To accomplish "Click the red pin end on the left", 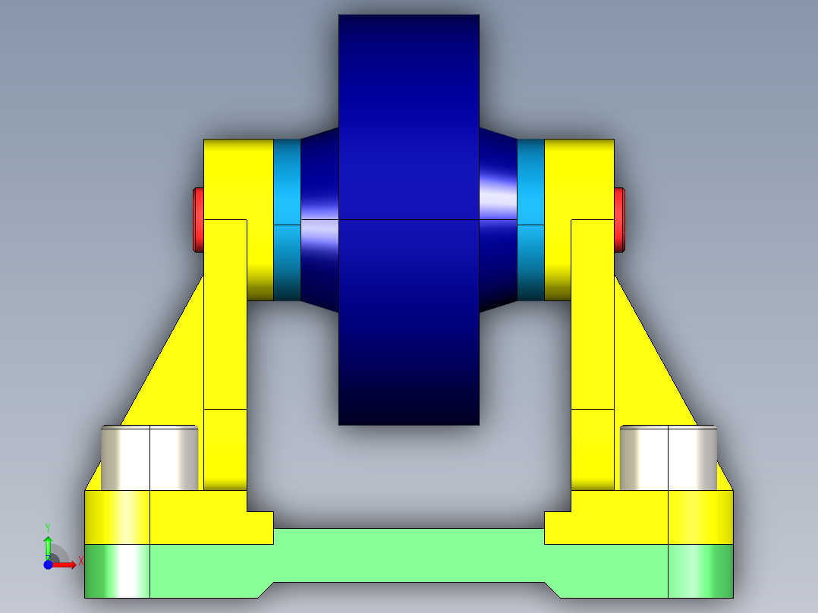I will (198, 220).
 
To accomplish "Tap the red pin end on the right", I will (619, 220).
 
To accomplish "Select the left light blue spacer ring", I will (287, 220).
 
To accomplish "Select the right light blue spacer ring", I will (531, 220).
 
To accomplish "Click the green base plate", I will (409, 558).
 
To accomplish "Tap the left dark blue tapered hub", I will (319, 220).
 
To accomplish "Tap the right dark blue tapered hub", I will (499, 220).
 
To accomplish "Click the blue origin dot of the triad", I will (48, 564).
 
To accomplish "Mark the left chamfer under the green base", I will (265, 589).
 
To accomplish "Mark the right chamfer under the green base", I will (553, 589).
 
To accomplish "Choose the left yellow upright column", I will (225, 349).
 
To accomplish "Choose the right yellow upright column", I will (592, 349).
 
